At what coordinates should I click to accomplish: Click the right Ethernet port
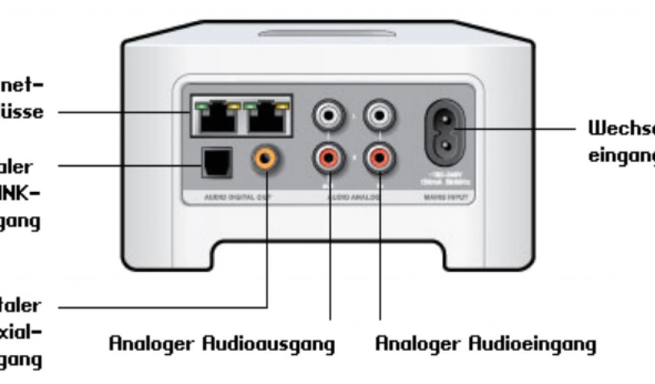coord(266,118)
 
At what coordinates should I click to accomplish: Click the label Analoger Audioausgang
coord(221,344)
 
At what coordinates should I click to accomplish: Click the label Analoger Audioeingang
coord(485,344)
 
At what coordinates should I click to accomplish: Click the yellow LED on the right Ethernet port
coord(280,104)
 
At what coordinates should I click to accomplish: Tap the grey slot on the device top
coord(327,32)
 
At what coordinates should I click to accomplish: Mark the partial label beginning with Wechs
coord(620,128)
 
